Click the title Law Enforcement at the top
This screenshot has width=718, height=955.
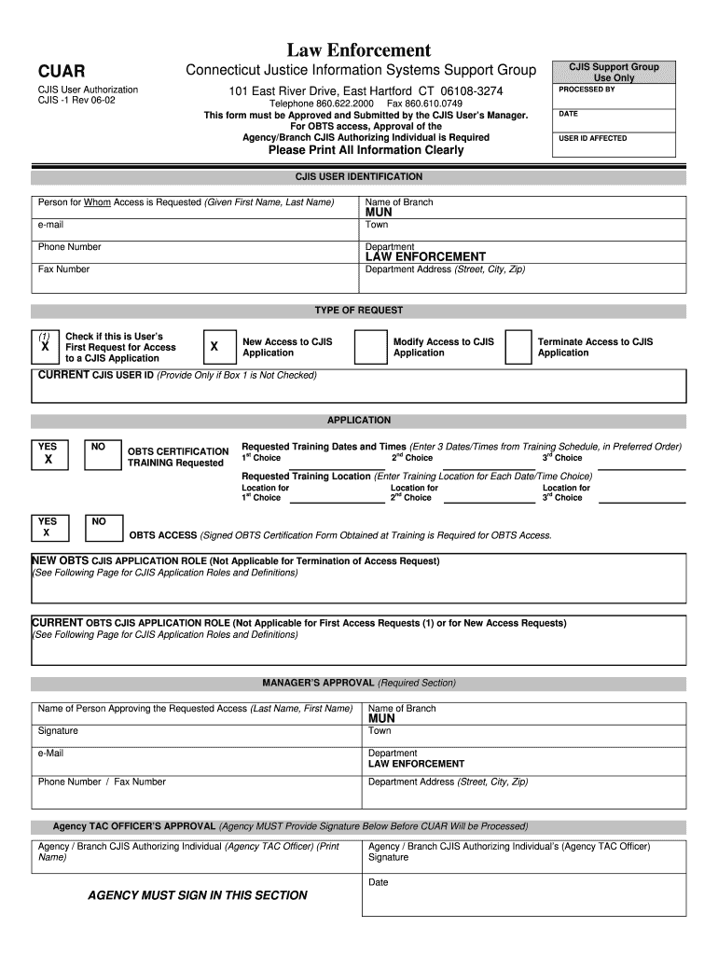click(358, 50)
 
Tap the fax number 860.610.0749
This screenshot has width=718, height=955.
click(425, 104)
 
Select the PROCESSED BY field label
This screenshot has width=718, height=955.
click(587, 90)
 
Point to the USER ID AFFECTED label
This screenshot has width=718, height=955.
click(593, 138)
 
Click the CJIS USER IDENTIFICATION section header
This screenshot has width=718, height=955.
click(358, 176)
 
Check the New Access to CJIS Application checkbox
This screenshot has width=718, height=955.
click(214, 347)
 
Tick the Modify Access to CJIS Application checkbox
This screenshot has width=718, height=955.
click(371, 347)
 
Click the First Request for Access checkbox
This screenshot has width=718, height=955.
click(45, 347)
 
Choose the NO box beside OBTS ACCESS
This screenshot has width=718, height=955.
click(100, 527)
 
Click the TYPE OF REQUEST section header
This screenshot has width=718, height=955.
click(358, 311)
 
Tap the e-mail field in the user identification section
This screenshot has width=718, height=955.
click(196, 229)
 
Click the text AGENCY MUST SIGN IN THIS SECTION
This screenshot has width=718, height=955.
click(197, 895)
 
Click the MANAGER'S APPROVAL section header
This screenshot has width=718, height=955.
click(358, 683)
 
